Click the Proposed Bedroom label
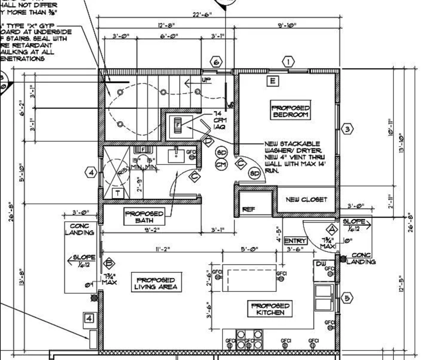coord(290,111)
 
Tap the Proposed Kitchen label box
coord(270,309)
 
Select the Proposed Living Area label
coord(156,283)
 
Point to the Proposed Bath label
coord(144,217)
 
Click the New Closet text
coord(306,200)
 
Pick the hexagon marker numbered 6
coord(216,62)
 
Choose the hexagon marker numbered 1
coord(288,62)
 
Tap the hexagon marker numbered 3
coord(347,129)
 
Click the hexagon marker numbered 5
coord(347,298)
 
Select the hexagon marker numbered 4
coord(91,172)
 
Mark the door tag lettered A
coord(331,229)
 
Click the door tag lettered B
coord(109,263)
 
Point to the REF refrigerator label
coord(249,209)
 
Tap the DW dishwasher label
coord(321,264)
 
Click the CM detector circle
coord(221,164)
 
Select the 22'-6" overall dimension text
coord(202,15)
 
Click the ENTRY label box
coord(295,241)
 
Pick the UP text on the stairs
coord(206,80)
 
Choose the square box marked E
coord(273,81)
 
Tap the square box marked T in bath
coord(117,193)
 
